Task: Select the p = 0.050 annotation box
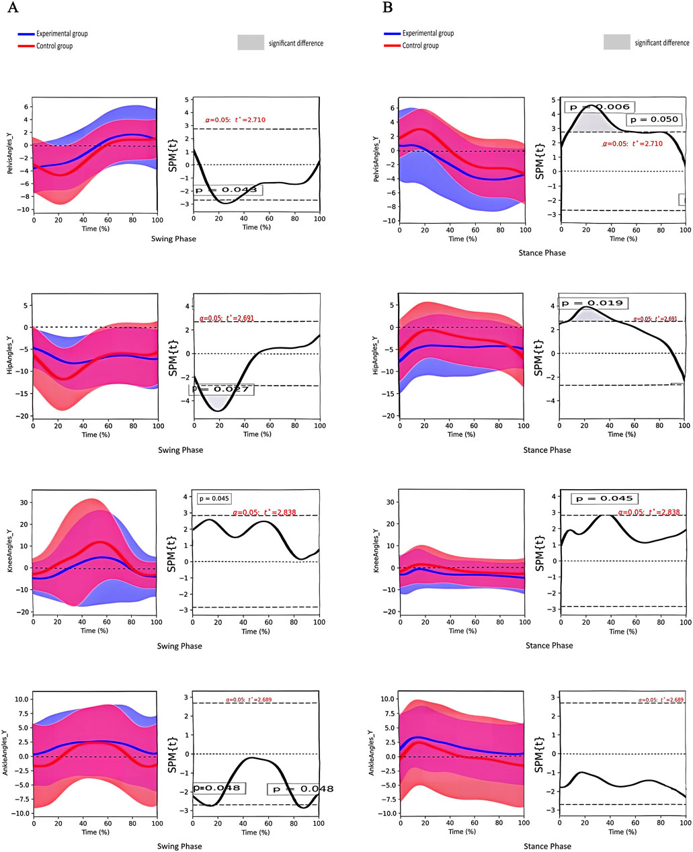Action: coord(653,120)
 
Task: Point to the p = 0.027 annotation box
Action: coord(221,389)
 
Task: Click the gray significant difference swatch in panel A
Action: coord(251,42)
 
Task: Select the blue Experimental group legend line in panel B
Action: coord(392,33)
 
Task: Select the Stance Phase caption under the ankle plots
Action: coord(548,846)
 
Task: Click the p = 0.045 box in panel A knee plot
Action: coord(214,499)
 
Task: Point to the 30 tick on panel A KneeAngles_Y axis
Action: coord(24,502)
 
